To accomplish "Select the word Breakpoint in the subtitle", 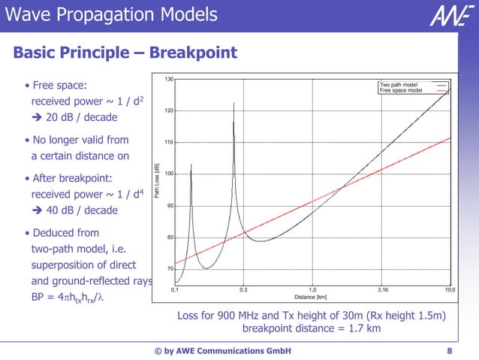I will pos(194,53).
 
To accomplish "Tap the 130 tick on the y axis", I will pos(170,79).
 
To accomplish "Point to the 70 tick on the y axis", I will pos(170,268).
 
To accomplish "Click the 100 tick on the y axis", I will pos(169,174).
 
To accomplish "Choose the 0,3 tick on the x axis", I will pos(243,289).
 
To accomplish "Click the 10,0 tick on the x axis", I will pos(450,289).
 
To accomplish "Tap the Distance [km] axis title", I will pos(310,296).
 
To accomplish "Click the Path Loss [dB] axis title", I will pos(157,181).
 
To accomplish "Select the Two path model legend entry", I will pos(399,85).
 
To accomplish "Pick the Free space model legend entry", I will pos(401,90).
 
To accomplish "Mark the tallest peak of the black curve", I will pos(233,103).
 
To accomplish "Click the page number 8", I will pos(449,350).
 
